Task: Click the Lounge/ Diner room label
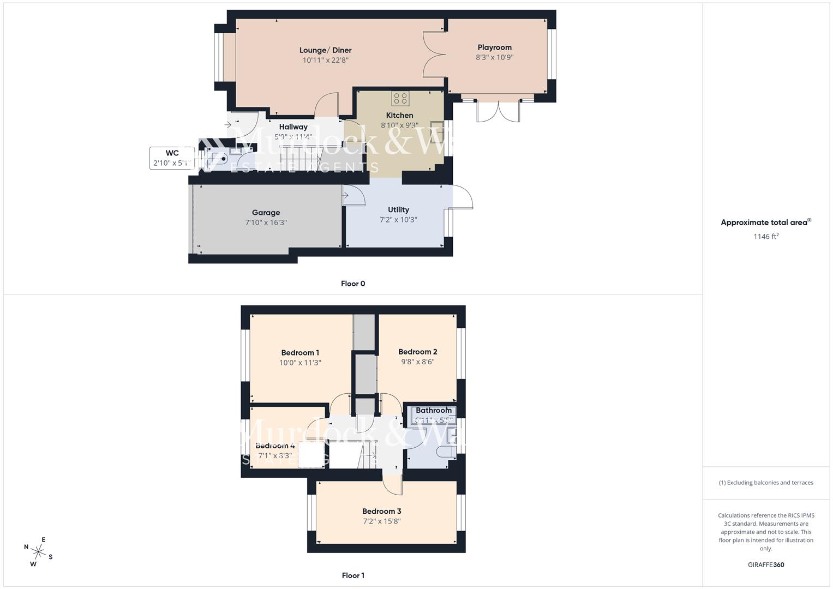325,50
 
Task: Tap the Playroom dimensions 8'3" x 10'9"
495,57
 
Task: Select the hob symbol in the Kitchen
400,98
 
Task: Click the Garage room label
266,213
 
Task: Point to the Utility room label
398,209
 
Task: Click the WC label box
172,158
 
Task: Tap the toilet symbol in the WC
221,159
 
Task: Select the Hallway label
293,127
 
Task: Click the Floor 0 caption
353,284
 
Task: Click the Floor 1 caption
353,575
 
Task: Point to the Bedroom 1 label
300,353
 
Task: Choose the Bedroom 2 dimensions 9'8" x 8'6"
417,362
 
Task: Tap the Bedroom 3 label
382,511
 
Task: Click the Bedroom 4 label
275,446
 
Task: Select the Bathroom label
434,411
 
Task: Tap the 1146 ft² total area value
766,236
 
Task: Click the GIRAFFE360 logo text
766,564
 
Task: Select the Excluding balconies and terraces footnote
766,483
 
